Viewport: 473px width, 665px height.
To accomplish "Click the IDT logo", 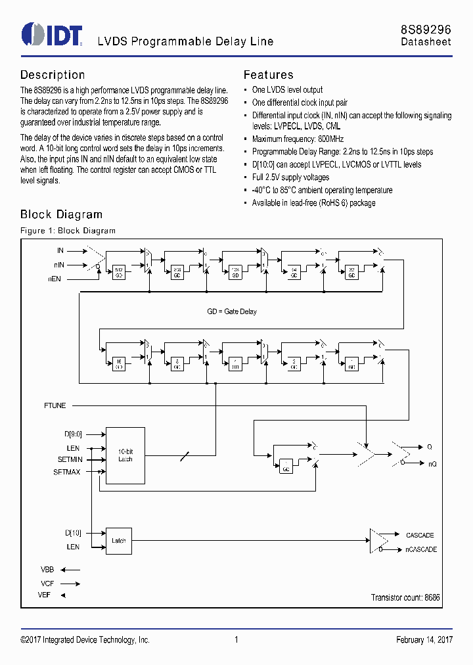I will coord(52,35).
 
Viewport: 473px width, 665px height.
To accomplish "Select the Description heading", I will coord(53,75).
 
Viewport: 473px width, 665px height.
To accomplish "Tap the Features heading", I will coord(268,75).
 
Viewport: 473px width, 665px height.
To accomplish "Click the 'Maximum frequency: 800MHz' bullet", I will coord(298,139).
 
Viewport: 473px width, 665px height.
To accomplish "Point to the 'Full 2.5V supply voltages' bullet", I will coord(290,177).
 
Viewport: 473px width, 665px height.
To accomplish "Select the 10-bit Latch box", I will coord(125,455).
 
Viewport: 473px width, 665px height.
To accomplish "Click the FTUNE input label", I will coord(55,405).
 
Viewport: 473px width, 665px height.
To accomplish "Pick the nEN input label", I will coord(55,279).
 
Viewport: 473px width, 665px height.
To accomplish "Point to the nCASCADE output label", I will coord(421,549).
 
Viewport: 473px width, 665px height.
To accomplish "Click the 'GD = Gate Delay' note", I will coord(232,311).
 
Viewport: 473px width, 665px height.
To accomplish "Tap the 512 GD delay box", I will coord(119,273).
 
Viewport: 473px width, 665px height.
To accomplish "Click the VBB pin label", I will coord(47,570).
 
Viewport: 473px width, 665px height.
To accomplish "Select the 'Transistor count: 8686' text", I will coord(405,597).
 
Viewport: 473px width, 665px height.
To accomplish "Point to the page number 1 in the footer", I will coord(236,640).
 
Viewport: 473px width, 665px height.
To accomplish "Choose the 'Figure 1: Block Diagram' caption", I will coord(68,231).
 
